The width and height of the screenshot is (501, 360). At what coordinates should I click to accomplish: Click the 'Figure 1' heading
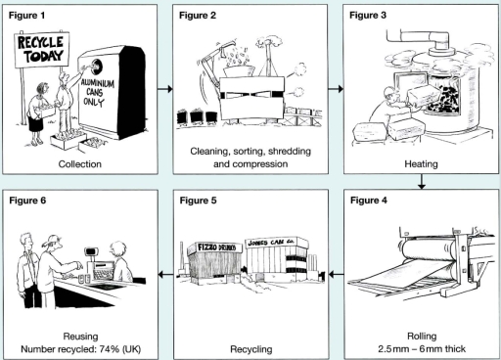point(30,17)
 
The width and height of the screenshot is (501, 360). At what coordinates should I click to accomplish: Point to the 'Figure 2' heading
point(200,17)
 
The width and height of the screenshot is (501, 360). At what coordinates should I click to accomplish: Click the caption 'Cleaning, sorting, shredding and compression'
point(249,157)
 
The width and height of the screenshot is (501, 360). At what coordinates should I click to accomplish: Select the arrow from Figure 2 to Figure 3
point(333,88)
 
